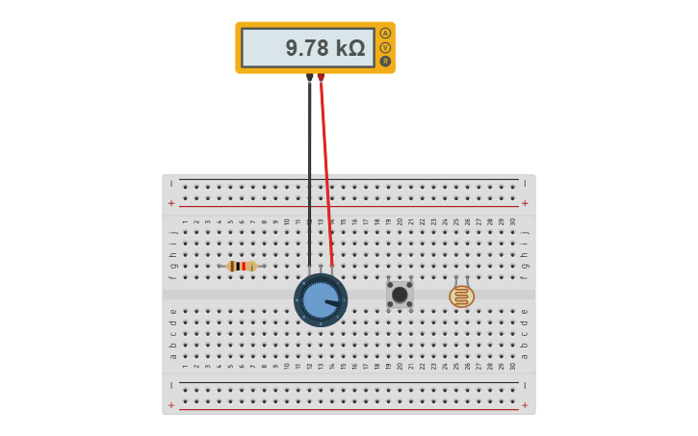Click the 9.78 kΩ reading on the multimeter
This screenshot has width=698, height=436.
(x=324, y=48)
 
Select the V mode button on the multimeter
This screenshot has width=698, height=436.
(x=385, y=47)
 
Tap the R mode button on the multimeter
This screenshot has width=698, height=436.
(x=385, y=61)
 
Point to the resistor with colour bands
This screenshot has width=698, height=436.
(x=241, y=266)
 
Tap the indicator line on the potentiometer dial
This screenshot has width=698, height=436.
(x=332, y=303)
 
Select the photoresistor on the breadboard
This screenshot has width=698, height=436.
(x=461, y=295)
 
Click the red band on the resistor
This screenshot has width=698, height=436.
(x=244, y=266)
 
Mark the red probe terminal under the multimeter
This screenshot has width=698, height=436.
(x=321, y=76)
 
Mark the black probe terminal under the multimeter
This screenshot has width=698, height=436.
(x=309, y=76)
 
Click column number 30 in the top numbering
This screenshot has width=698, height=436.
(x=512, y=221)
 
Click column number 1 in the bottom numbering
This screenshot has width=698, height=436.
(x=185, y=366)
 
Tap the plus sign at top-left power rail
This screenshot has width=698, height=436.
(x=171, y=203)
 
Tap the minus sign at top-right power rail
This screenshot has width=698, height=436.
(x=525, y=183)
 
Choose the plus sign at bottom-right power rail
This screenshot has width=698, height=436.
(x=525, y=405)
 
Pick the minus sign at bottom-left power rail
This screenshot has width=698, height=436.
(x=171, y=385)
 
